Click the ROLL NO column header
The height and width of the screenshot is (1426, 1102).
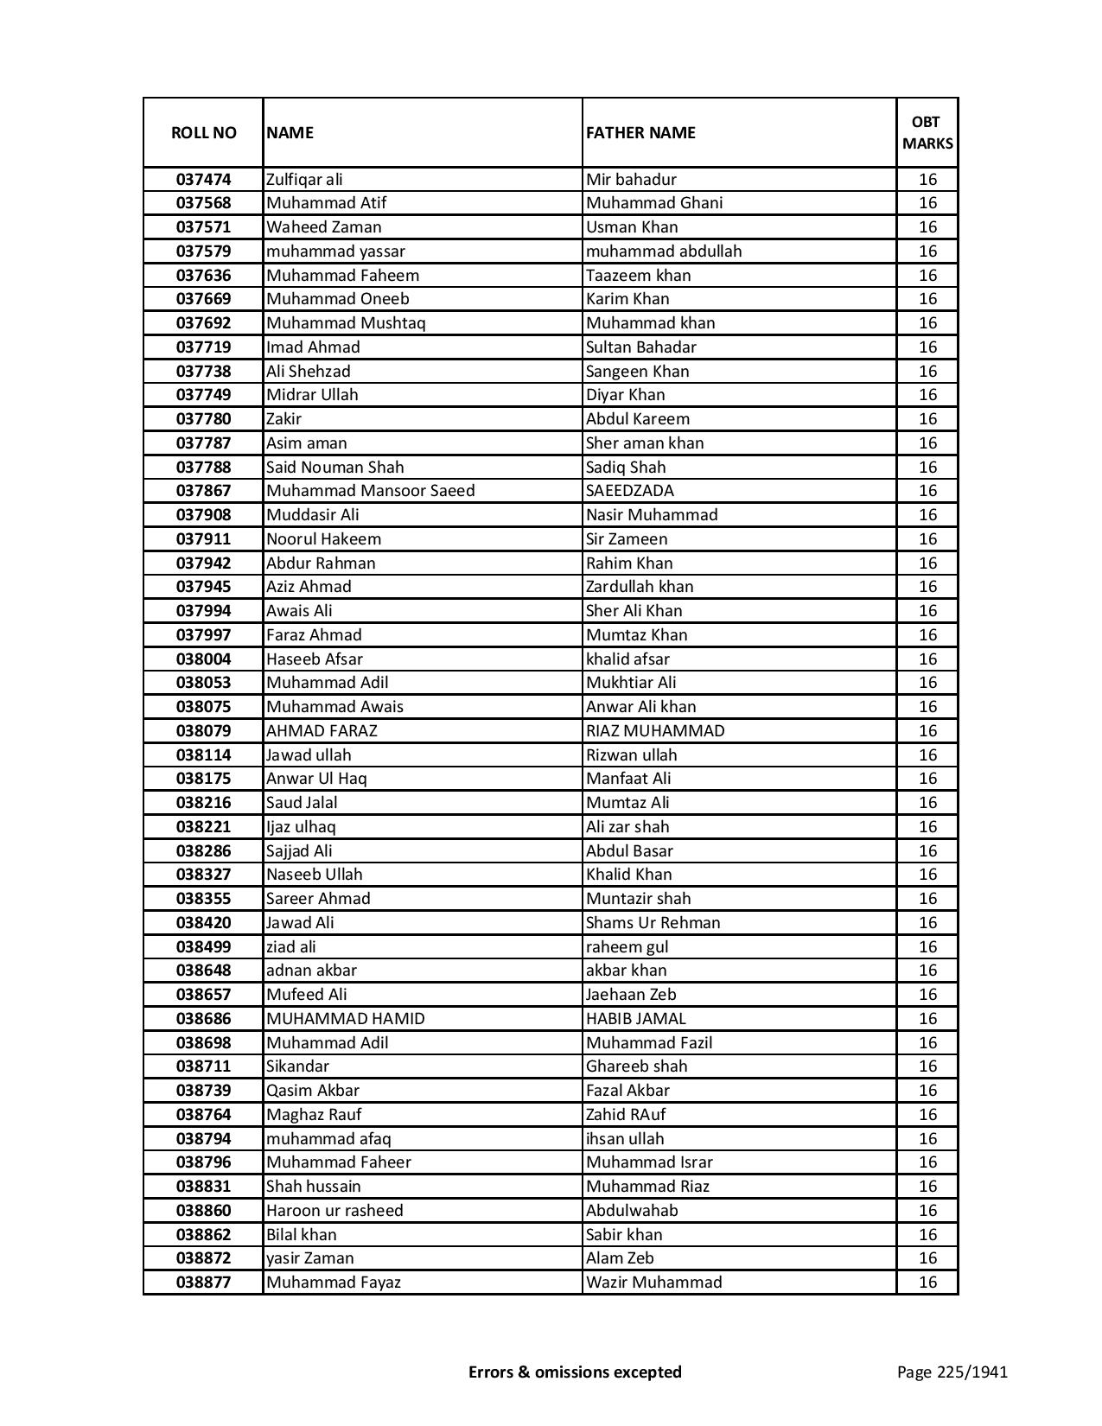pos(203,132)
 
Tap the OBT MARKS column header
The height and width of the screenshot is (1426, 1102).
pos(927,132)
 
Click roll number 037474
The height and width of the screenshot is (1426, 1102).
pos(203,180)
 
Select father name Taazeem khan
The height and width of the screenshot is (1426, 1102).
pos(638,276)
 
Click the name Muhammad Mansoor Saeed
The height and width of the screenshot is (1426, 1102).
pos(370,491)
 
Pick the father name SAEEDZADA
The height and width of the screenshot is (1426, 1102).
pos(629,491)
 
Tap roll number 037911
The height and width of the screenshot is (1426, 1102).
pos(203,539)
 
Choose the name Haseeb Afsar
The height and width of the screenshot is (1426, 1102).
pos(314,659)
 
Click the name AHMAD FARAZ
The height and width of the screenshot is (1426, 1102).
pos(322,731)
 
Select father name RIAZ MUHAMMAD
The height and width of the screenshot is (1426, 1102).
pos(655,731)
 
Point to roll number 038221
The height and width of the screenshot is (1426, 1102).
pos(203,827)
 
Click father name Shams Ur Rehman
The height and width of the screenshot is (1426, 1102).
pos(653,923)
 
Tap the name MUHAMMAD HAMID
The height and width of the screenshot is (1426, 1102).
pos(345,1019)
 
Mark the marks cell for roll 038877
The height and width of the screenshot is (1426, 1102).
pos(927,1283)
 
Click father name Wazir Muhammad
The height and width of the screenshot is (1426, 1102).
pos(653,1283)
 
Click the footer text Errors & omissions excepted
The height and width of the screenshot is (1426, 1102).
pos(575,1372)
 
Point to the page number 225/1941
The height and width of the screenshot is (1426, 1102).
pos(952,1372)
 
